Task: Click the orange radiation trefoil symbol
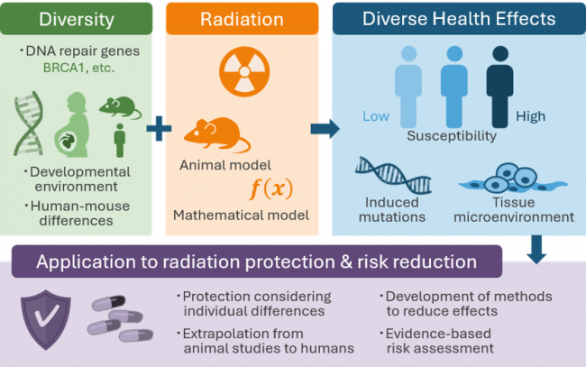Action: (x=244, y=71)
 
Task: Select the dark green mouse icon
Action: (x=120, y=107)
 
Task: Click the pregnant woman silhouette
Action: (x=73, y=124)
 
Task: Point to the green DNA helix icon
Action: (x=29, y=124)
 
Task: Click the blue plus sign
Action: (x=159, y=129)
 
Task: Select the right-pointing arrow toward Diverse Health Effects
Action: (x=325, y=129)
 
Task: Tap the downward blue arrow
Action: (x=536, y=249)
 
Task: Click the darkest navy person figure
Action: (x=500, y=87)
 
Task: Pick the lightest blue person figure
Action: (x=408, y=87)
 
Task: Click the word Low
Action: (x=376, y=116)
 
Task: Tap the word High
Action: (x=531, y=116)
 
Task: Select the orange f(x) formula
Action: (x=271, y=188)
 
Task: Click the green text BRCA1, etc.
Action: (x=78, y=68)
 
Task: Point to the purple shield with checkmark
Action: (x=46, y=319)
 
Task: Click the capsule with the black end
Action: (x=108, y=303)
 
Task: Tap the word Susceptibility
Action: (x=452, y=135)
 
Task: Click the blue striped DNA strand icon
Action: (x=393, y=175)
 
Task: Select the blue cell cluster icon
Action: (x=513, y=178)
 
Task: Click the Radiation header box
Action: (x=243, y=19)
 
